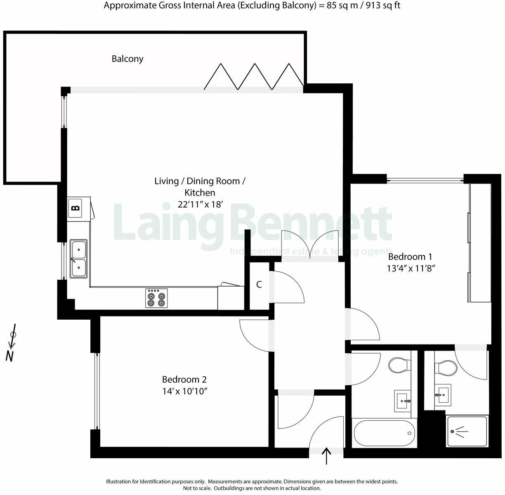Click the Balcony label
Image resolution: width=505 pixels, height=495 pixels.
click(127, 59)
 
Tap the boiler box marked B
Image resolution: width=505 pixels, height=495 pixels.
click(75, 207)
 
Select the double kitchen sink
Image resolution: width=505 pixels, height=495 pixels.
click(78, 259)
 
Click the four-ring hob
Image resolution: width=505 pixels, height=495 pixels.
click(156, 298)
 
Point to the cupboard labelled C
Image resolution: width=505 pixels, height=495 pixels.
click(259, 285)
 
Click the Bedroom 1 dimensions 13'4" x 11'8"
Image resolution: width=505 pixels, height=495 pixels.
click(411, 268)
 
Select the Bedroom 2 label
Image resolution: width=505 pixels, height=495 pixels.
click(184, 379)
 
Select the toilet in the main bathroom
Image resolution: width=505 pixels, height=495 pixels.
click(399, 364)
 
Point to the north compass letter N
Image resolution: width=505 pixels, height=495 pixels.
click(10, 356)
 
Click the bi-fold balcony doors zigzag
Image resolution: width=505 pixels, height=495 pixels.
click(254, 76)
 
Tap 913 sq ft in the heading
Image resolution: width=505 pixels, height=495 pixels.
click(382, 5)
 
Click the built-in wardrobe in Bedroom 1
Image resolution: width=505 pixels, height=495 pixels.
click(480, 243)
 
